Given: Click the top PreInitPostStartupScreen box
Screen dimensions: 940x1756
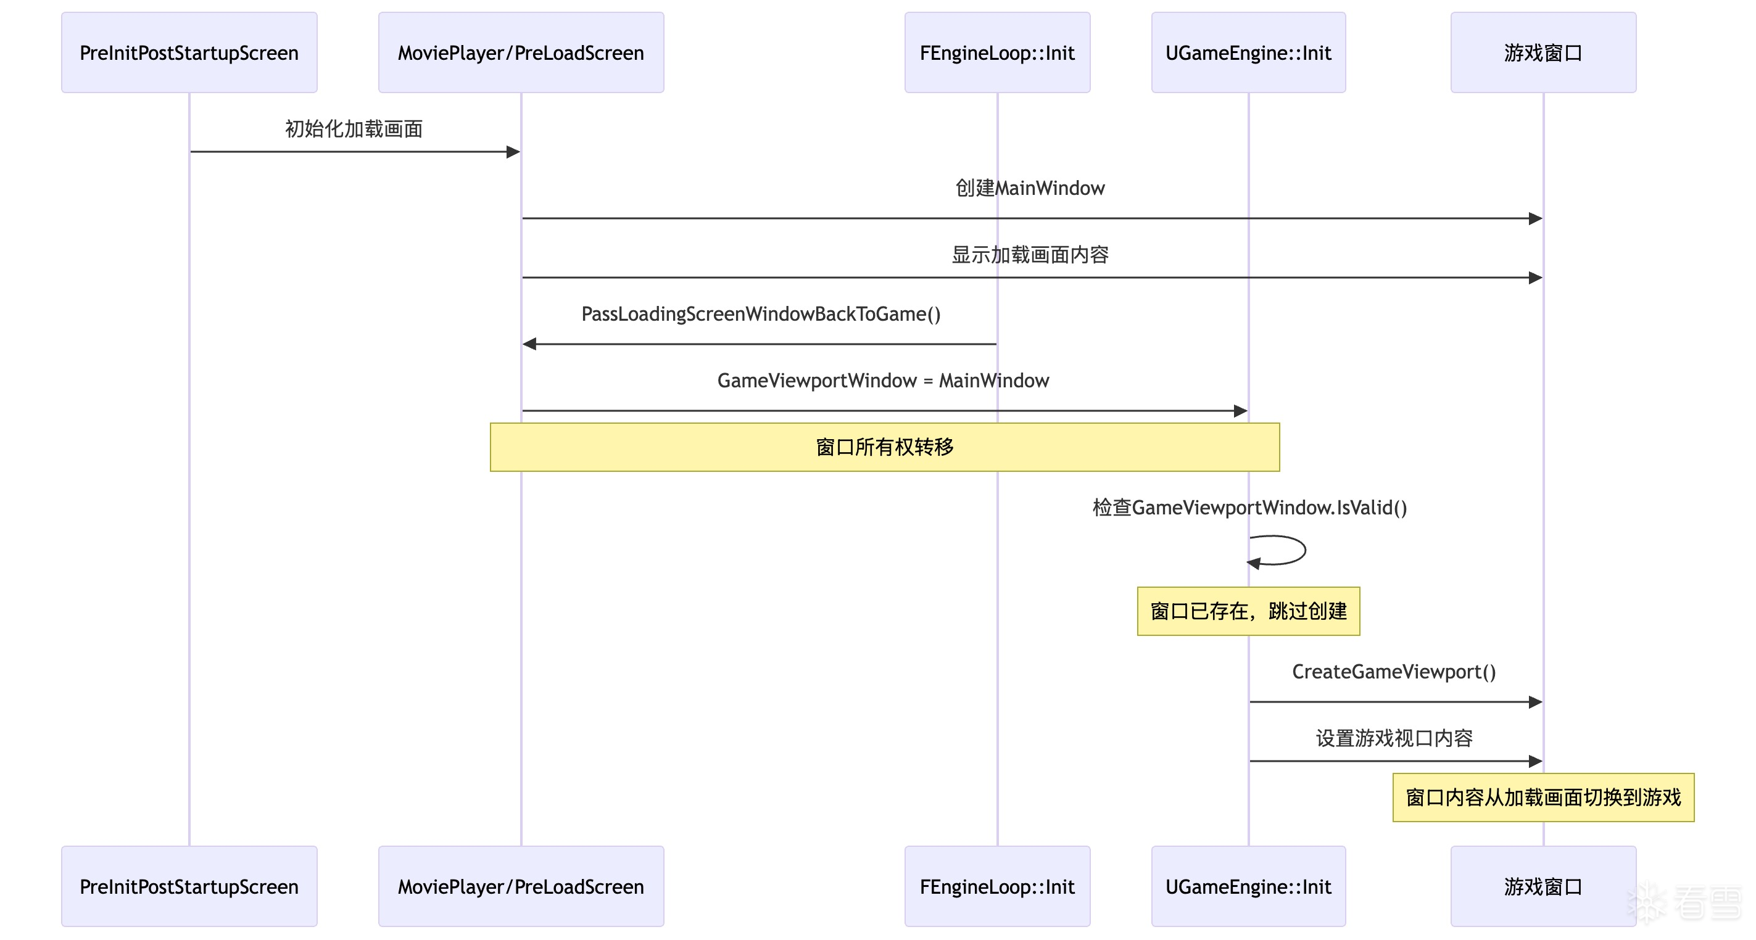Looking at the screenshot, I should coord(189,52).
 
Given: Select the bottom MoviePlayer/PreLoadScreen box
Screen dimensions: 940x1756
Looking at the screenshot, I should coord(521,886).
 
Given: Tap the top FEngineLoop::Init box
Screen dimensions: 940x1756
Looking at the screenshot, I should coord(996,52).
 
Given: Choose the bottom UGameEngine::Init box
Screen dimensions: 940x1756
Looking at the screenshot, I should coord(1248,886).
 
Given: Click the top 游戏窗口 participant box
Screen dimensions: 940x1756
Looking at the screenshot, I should coord(1543,52).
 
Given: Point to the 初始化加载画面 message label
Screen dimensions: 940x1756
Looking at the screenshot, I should coord(354,129).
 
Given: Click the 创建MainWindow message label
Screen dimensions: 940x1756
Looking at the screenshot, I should coord(1029,188).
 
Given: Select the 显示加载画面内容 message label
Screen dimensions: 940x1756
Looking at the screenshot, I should coord(1029,255).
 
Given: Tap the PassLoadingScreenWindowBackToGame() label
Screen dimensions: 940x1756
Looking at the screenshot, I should coord(761,314).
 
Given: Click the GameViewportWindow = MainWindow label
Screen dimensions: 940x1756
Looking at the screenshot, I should coord(883,381).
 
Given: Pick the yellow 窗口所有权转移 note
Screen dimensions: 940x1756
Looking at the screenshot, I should coord(884,447).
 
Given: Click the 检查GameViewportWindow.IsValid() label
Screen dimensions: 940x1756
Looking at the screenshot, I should coord(1249,508).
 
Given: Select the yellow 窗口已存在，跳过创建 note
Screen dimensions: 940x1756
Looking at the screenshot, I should coord(1248,611).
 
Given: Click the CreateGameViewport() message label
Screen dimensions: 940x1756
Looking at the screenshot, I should coord(1394,672).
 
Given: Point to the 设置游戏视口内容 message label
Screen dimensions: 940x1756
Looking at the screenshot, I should coord(1394,738).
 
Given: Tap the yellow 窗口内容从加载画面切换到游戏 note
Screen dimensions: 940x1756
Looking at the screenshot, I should coord(1543,798).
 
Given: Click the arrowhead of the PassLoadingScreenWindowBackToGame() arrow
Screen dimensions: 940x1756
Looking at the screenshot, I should coord(529,344).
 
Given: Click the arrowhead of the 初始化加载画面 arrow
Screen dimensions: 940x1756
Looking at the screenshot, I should coord(513,152).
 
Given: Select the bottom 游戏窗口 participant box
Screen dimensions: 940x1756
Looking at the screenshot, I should coord(1543,886).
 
